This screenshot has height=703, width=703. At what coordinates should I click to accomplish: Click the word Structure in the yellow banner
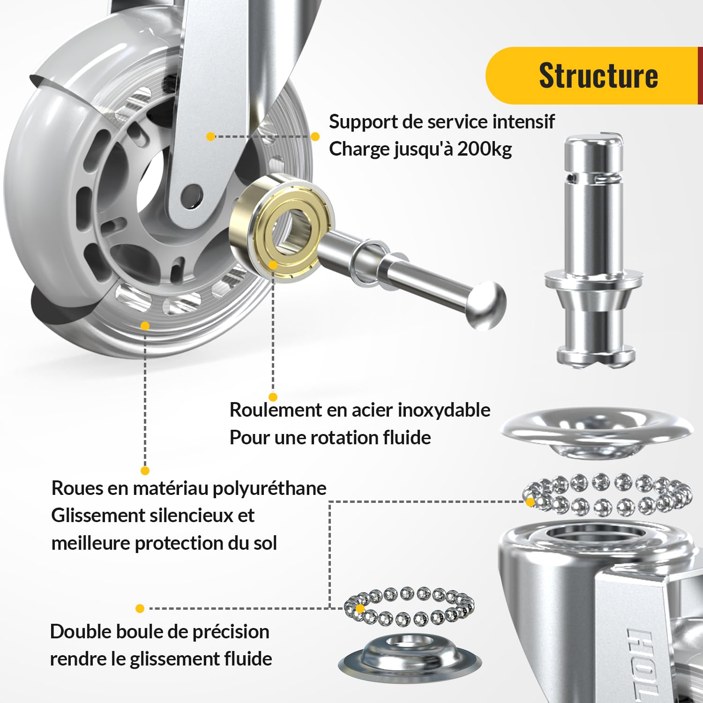coord(598,75)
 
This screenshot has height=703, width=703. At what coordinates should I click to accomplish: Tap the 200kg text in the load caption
coord(484,149)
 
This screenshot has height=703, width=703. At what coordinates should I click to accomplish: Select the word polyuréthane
coord(269,488)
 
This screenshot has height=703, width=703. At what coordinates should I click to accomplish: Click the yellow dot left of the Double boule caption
coord(140,608)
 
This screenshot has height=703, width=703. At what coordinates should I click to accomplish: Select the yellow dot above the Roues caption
coord(145,471)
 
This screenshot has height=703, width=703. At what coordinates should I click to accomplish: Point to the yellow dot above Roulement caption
coord(273,397)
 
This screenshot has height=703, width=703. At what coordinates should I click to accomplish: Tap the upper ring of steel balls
coord(607,495)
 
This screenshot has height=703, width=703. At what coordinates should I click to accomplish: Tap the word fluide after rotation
coord(407,437)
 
